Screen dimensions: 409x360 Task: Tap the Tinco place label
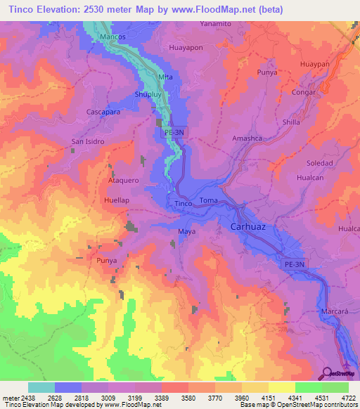tap(184, 204)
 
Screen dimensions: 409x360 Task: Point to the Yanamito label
tap(215, 23)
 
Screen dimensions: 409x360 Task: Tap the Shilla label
tap(291, 122)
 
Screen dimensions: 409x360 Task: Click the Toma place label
tap(209, 201)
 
